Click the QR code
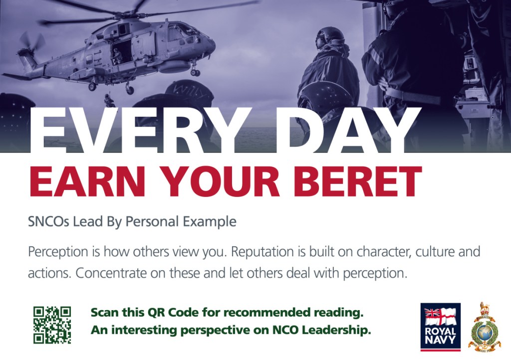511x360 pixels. click(52, 325)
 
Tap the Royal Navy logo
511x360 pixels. click(440, 327)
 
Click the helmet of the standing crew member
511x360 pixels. click(330, 38)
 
